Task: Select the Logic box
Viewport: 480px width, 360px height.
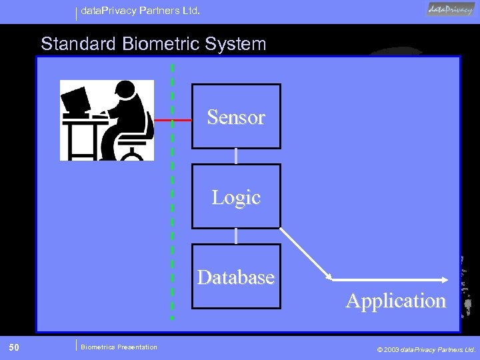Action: tap(236, 197)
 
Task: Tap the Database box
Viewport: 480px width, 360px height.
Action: tap(236, 277)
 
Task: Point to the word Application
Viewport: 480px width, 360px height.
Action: tap(395, 301)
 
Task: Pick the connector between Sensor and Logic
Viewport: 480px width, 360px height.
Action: tap(236, 156)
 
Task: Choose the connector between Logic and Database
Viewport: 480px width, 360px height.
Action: tap(236, 236)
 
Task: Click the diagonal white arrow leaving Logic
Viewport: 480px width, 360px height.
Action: tap(305, 253)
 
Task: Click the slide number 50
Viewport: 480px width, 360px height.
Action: tap(14, 347)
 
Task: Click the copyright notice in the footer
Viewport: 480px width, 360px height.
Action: tap(426, 349)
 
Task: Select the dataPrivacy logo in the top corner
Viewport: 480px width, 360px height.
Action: tap(451, 9)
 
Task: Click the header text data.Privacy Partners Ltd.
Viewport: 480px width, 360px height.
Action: tap(141, 11)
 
